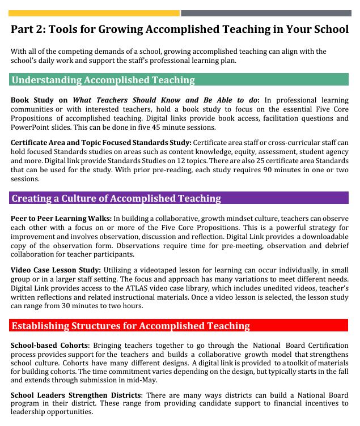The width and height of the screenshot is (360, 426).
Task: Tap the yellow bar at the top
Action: click(95, 13)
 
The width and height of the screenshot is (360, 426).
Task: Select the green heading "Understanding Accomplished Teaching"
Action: click(103, 80)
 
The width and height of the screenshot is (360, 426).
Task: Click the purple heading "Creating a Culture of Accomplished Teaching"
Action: click(116, 198)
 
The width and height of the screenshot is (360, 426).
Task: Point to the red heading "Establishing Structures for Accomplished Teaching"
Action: click(130, 325)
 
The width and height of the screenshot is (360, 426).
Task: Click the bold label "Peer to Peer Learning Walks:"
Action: click(61, 218)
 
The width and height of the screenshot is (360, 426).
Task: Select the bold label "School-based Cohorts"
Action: click(49, 345)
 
